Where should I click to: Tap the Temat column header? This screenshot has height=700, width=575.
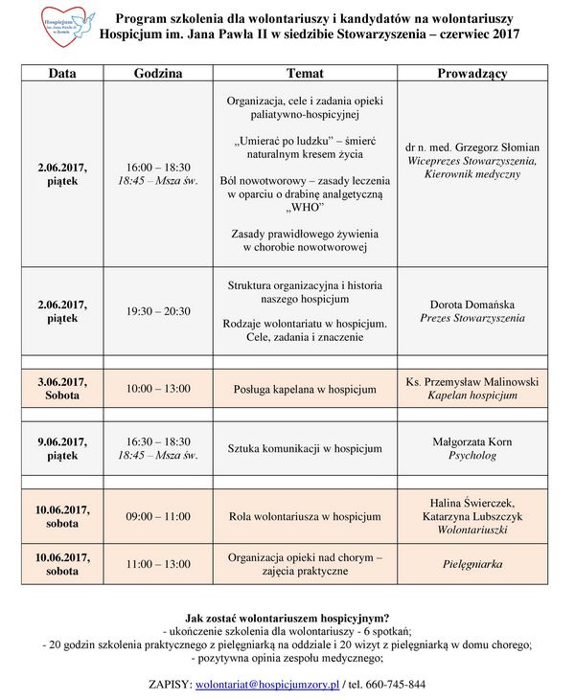click(305, 74)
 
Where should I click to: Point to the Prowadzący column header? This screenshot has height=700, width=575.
click(471, 74)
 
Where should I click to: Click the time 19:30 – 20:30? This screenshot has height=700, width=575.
click(158, 311)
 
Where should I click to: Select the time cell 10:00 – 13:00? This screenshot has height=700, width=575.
click(158, 389)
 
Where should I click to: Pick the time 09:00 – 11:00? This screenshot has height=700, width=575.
click(158, 516)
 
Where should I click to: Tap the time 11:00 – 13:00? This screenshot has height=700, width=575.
click(158, 564)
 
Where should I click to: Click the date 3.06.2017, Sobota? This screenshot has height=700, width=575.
click(62, 389)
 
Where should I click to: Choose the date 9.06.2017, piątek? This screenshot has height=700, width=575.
click(62, 448)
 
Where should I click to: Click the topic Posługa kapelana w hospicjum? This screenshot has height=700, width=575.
click(305, 389)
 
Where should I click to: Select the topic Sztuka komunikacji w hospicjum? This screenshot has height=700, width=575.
click(305, 448)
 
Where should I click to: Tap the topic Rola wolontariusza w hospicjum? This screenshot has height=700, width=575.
click(305, 516)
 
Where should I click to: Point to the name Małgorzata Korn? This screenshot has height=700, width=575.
click(472, 441)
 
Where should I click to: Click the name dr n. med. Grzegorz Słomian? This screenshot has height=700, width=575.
click(472, 147)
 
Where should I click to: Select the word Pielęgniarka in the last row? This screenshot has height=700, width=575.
click(472, 564)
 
